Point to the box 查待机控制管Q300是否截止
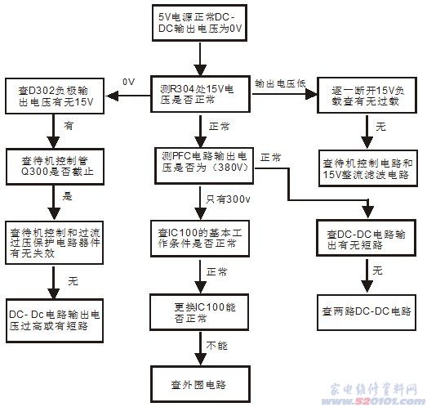point(55,161)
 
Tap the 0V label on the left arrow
point(127,83)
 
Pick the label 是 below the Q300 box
point(68,197)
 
